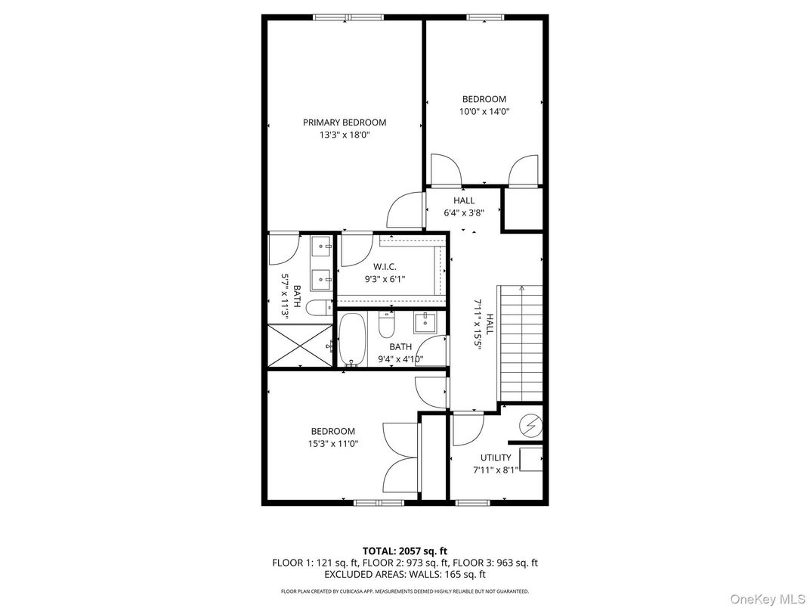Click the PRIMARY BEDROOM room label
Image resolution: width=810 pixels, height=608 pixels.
tap(344, 123)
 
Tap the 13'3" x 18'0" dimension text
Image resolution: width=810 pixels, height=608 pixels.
tap(344, 135)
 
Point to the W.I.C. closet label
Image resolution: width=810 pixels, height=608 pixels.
tap(385, 266)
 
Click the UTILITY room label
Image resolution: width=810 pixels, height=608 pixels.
tap(496, 458)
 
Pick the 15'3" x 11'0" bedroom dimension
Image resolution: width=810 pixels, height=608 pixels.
tap(332, 444)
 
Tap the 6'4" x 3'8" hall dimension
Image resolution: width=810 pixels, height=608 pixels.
tap(463, 213)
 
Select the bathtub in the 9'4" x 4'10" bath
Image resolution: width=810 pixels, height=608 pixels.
tap(351, 340)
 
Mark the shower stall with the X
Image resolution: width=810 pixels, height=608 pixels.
tap(300, 346)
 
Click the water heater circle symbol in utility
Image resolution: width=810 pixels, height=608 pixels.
tap(531, 426)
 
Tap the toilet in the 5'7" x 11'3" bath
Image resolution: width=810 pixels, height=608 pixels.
tap(321, 307)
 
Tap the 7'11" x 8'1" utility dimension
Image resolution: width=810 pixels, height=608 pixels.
tap(496, 470)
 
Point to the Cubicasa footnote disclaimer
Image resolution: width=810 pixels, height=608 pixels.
tap(404, 591)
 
